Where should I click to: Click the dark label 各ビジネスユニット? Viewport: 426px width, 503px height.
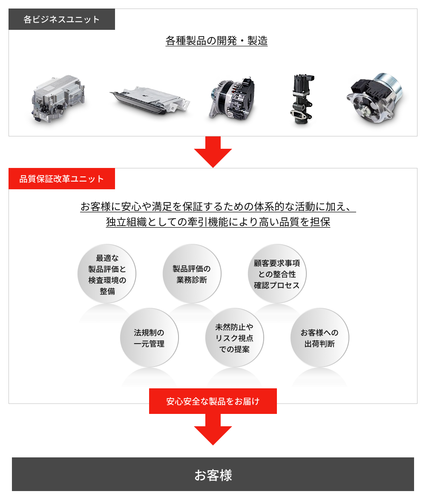61,19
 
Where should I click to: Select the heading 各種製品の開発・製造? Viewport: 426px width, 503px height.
216,41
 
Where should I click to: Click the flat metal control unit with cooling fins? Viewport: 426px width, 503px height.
150,100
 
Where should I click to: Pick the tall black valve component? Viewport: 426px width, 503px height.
302,99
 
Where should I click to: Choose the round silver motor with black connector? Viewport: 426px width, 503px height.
375,98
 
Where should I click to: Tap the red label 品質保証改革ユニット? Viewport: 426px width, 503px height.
61,179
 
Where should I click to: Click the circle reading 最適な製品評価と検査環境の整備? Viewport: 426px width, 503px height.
107,274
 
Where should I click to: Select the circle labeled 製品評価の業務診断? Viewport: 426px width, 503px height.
192,274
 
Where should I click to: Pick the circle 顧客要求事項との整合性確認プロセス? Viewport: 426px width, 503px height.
277,274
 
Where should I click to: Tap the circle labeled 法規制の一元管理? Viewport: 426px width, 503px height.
150,338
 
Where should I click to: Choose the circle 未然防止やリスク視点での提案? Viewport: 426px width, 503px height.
234,338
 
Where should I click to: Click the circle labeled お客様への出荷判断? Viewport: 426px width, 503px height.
319,338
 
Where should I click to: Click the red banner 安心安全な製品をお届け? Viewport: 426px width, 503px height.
213,401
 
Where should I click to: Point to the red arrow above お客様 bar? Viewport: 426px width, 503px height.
213,429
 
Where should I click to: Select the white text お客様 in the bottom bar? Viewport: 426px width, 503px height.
213,475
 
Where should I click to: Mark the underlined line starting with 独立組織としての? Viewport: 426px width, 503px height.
218,222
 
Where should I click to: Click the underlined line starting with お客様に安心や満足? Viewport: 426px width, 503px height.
218,207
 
